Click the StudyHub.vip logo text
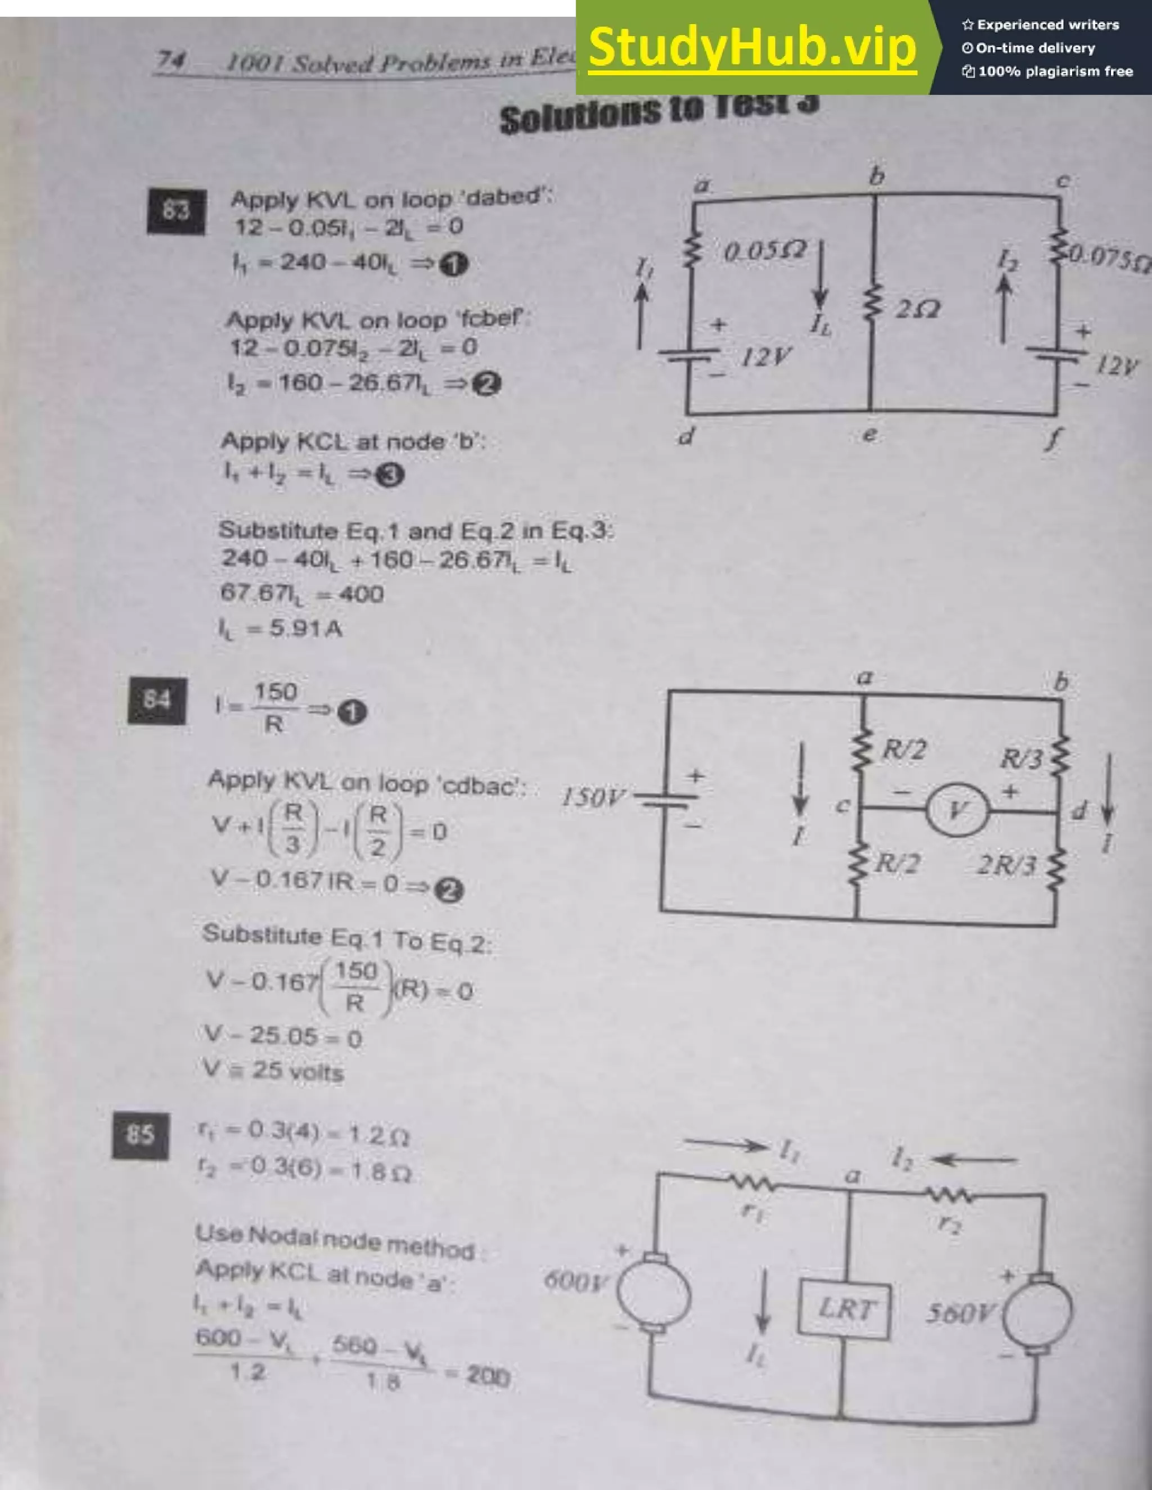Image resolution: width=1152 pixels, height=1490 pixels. coord(751,47)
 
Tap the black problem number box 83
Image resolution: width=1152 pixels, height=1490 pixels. coord(176,212)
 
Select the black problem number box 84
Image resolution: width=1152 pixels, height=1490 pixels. coord(157,701)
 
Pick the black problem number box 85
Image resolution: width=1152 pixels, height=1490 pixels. coord(140,1135)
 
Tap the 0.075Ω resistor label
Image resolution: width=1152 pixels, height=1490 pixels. coord(1109,258)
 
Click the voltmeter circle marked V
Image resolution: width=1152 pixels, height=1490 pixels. coord(957,810)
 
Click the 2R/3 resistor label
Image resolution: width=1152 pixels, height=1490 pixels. coord(1007,865)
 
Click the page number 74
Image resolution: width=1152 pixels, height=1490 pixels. coord(170,61)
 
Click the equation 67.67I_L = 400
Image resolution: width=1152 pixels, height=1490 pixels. coord(301,594)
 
